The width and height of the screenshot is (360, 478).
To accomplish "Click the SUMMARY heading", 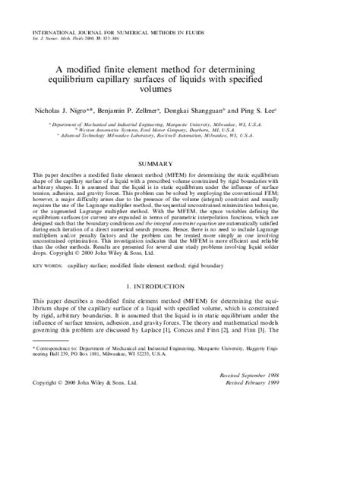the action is [x=180, y=184].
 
